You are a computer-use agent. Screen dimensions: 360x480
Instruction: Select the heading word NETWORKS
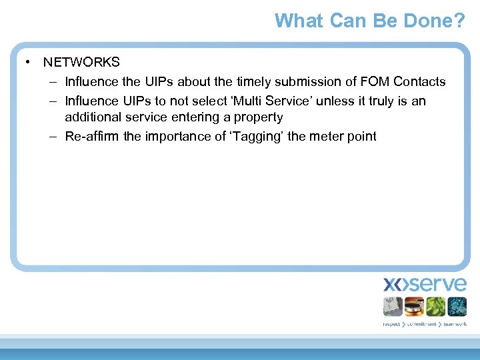coord(81,62)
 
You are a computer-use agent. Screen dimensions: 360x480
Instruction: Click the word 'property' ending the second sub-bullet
coord(259,117)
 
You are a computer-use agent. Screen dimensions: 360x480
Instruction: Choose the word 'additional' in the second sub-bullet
coord(92,117)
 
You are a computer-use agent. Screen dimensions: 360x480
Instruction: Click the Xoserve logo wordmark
coord(425,285)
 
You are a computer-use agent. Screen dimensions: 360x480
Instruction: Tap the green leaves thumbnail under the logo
coord(435,307)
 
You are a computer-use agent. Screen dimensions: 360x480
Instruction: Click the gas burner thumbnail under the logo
coord(414,307)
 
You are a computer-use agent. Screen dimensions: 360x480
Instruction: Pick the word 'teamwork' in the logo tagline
coord(453,324)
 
